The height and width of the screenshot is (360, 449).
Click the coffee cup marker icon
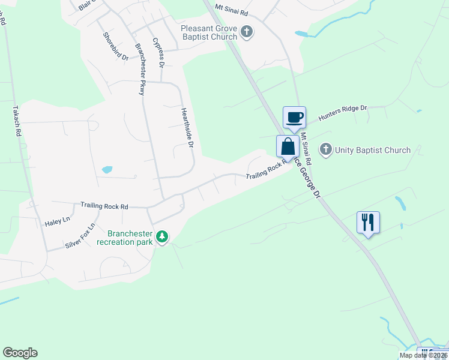(294, 117)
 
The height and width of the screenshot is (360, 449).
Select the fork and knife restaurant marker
(368, 223)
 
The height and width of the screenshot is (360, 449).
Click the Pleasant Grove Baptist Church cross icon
(246, 32)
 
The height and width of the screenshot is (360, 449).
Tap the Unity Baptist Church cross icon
(326, 150)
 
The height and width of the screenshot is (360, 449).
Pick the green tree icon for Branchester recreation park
(161, 237)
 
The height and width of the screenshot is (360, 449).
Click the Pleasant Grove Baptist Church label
(209, 32)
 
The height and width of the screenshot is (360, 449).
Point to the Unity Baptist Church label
(372, 150)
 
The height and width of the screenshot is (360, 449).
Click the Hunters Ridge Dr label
(342, 113)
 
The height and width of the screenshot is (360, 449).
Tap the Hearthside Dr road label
(187, 127)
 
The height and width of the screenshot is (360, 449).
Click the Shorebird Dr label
(115, 46)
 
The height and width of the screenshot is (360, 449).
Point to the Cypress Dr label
(158, 52)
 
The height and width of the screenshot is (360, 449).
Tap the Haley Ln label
(58, 222)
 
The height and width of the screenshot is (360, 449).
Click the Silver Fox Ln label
(80, 236)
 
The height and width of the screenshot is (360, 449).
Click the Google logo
(20, 353)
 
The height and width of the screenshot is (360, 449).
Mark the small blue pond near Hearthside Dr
(107, 170)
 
